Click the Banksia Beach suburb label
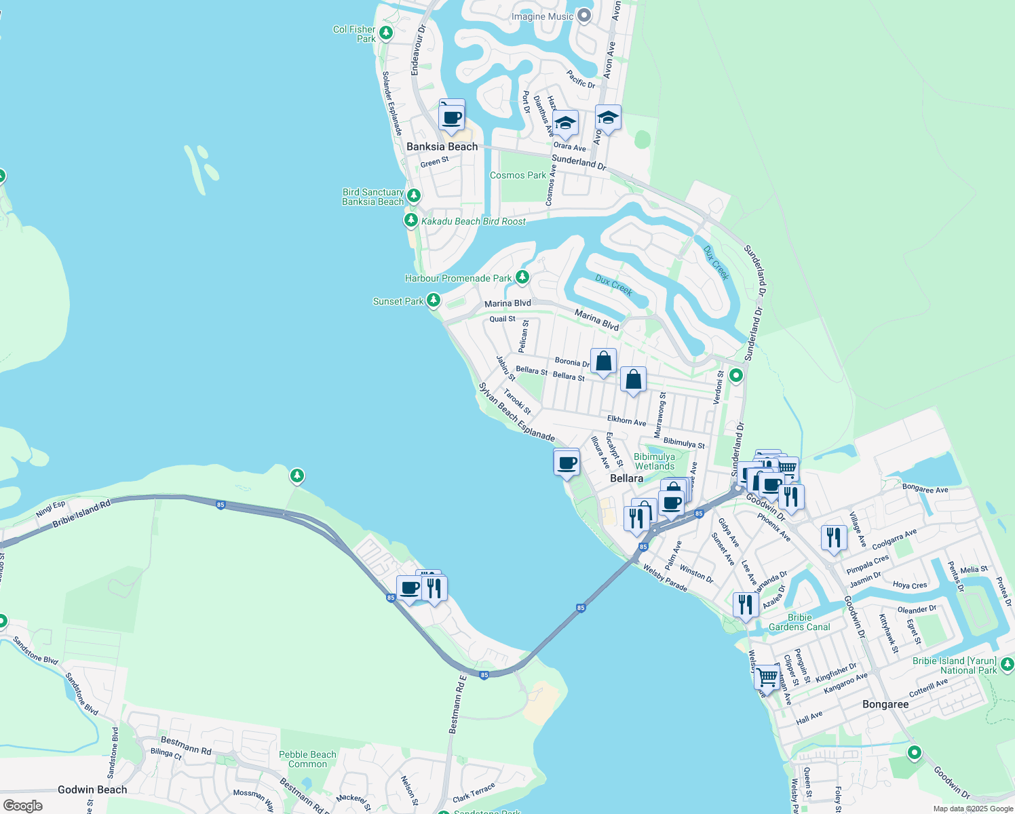click(x=442, y=147)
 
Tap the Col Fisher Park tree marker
click(x=386, y=33)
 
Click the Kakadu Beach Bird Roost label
click(x=473, y=221)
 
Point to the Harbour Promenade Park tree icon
click(x=522, y=277)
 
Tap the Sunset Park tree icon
click(x=434, y=300)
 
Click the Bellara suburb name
click(x=626, y=478)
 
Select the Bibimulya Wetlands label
click(x=654, y=461)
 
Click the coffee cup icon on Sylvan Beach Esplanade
click(x=567, y=464)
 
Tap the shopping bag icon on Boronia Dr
click(x=603, y=362)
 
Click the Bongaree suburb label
click(x=885, y=704)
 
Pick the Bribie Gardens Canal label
click(x=799, y=622)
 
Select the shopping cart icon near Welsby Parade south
click(x=767, y=676)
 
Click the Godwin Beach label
click(x=92, y=790)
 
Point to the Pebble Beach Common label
click(x=307, y=759)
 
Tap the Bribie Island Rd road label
click(x=81, y=514)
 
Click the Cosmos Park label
click(x=518, y=175)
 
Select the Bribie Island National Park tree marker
click(x=1007, y=663)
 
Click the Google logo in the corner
click(x=22, y=805)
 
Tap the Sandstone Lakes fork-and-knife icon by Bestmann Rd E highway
click(x=434, y=587)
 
